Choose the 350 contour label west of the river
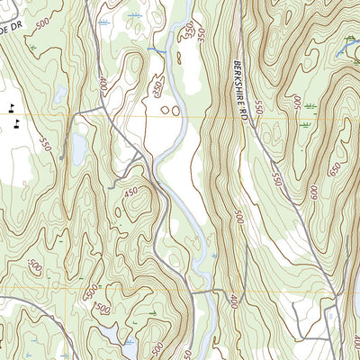click(x=157, y=89)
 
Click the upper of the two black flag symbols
click(x=11, y=107)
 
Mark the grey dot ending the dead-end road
click(x=60, y=158)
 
